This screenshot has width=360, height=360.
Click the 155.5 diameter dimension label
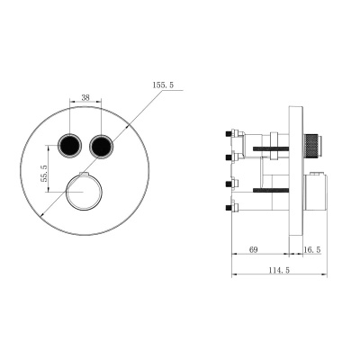pos(164,86)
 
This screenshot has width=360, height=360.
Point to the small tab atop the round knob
pos(84,174)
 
